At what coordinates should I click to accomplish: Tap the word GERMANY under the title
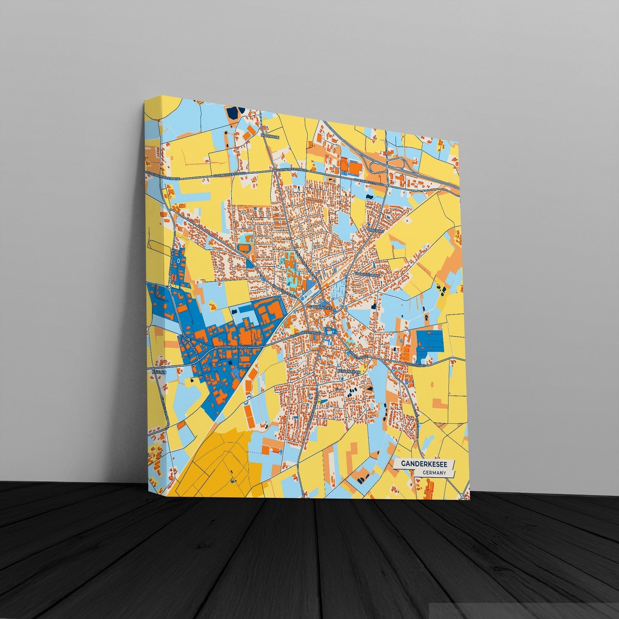coord(434,473)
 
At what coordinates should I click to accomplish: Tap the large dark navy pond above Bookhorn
coord(232,113)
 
